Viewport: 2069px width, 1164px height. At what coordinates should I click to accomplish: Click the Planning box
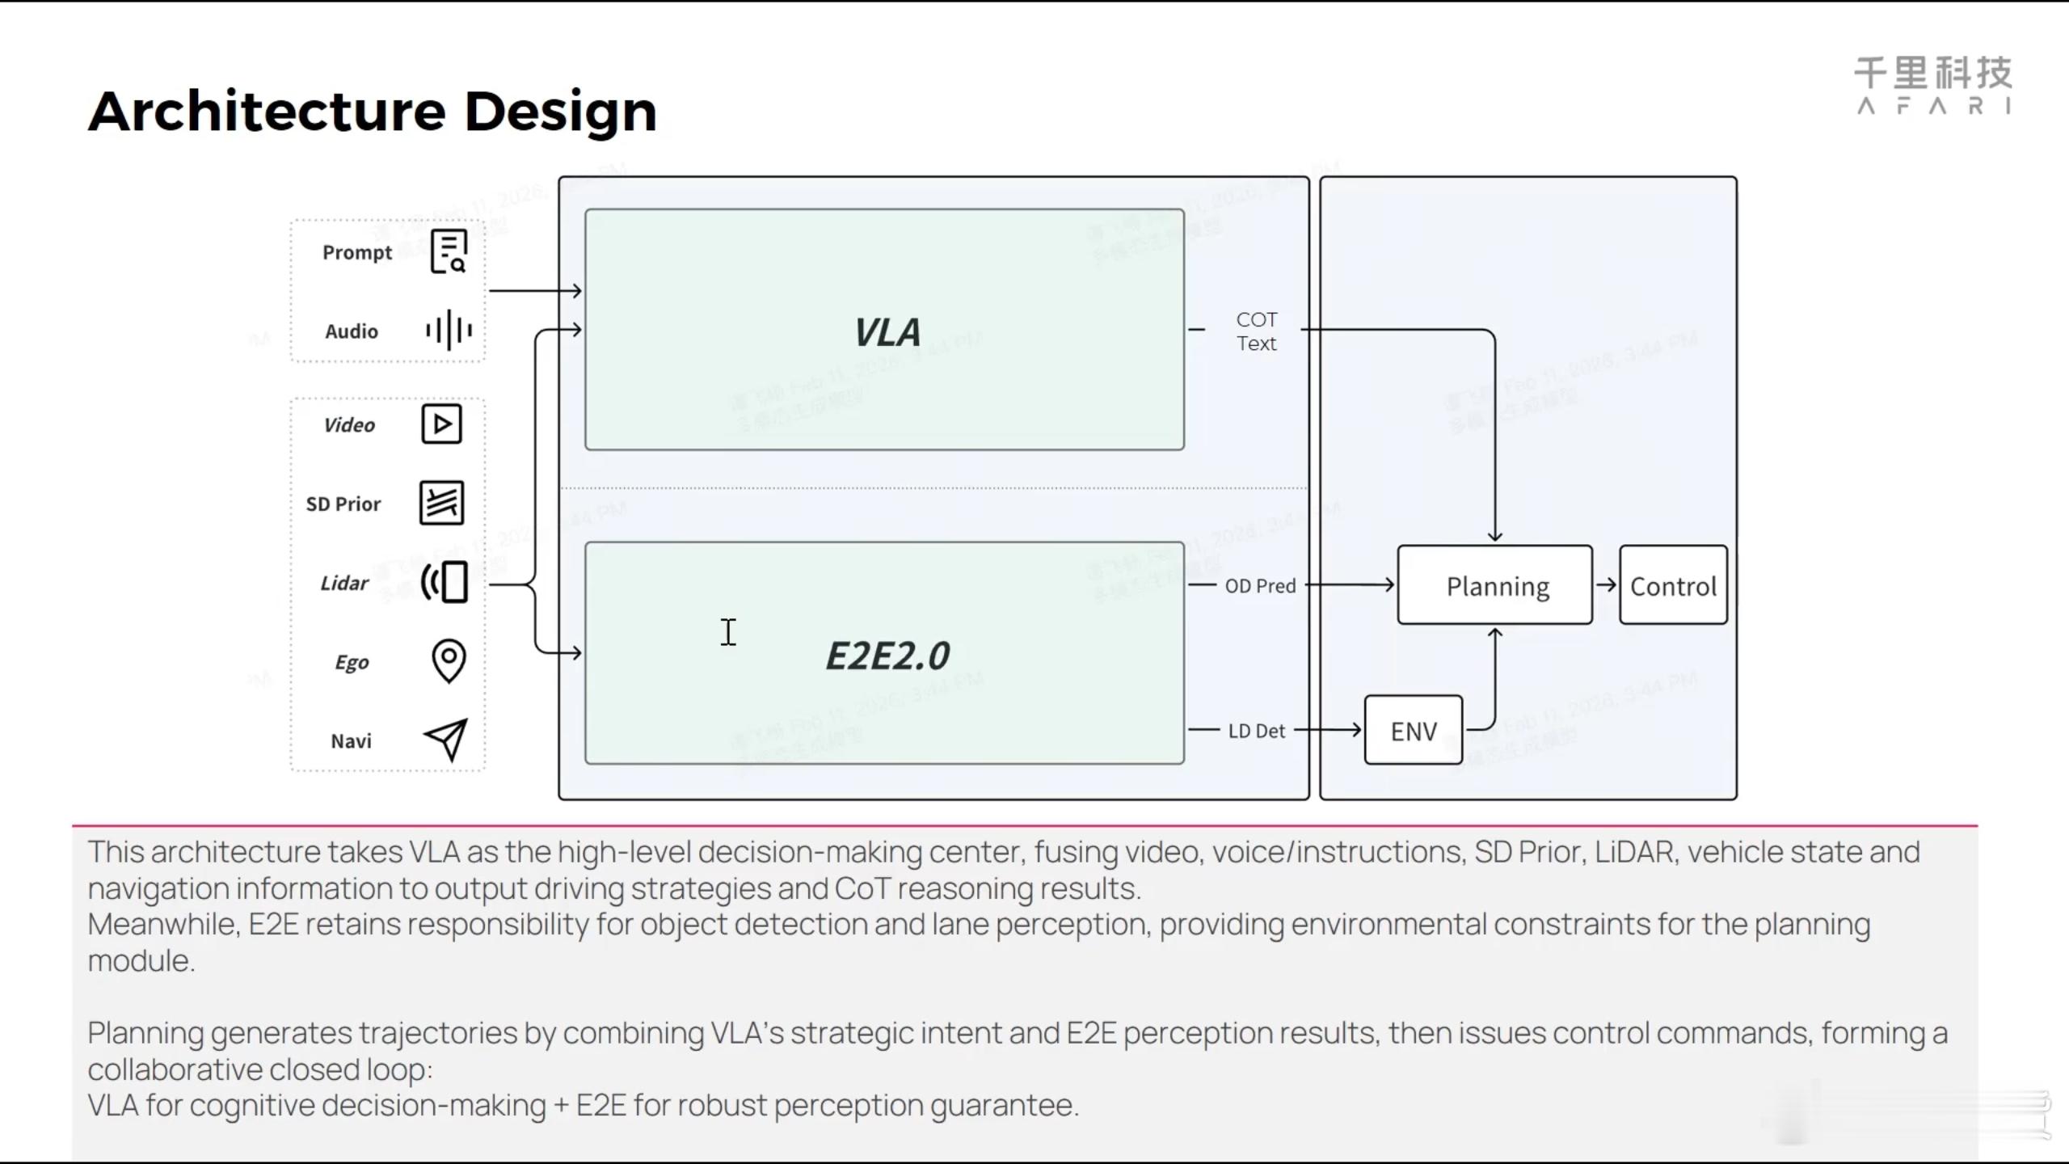click(1495, 585)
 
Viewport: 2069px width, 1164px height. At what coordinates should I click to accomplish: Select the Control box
click(1673, 585)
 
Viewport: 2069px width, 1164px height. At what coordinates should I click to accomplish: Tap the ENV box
click(1414, 731)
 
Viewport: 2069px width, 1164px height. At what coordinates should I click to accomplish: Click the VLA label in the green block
click(887, 332)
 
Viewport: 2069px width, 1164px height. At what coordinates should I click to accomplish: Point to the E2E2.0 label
click(887, 656)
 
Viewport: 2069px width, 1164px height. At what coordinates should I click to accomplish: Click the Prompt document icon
click(449, 251)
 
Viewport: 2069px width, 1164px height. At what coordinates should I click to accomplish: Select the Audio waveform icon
click(449, 330)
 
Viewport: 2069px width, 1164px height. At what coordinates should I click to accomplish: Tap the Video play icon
click(441, 424)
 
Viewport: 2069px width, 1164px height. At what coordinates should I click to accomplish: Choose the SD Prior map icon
click(441, 503)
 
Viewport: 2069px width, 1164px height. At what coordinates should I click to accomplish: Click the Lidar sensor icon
click(445, 582)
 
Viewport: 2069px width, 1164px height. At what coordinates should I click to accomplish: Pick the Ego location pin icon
click(449, 660)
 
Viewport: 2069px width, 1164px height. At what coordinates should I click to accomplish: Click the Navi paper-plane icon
click(446, 739)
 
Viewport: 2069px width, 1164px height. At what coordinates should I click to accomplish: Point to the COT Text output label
click(1256, 331)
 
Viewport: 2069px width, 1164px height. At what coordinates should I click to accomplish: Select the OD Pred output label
click(1260, 586)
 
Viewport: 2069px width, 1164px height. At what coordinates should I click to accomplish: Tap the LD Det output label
click(1256, 732)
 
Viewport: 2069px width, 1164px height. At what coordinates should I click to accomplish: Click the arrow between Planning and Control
click(1606, 585)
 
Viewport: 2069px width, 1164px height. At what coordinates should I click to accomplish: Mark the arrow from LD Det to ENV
click(1329, 731)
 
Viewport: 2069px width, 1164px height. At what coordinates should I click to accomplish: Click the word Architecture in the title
click(267, 111)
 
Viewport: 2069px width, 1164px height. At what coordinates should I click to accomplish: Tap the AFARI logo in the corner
click(1932, 85)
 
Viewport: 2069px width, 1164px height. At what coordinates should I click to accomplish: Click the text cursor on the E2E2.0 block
click(728, 632)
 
